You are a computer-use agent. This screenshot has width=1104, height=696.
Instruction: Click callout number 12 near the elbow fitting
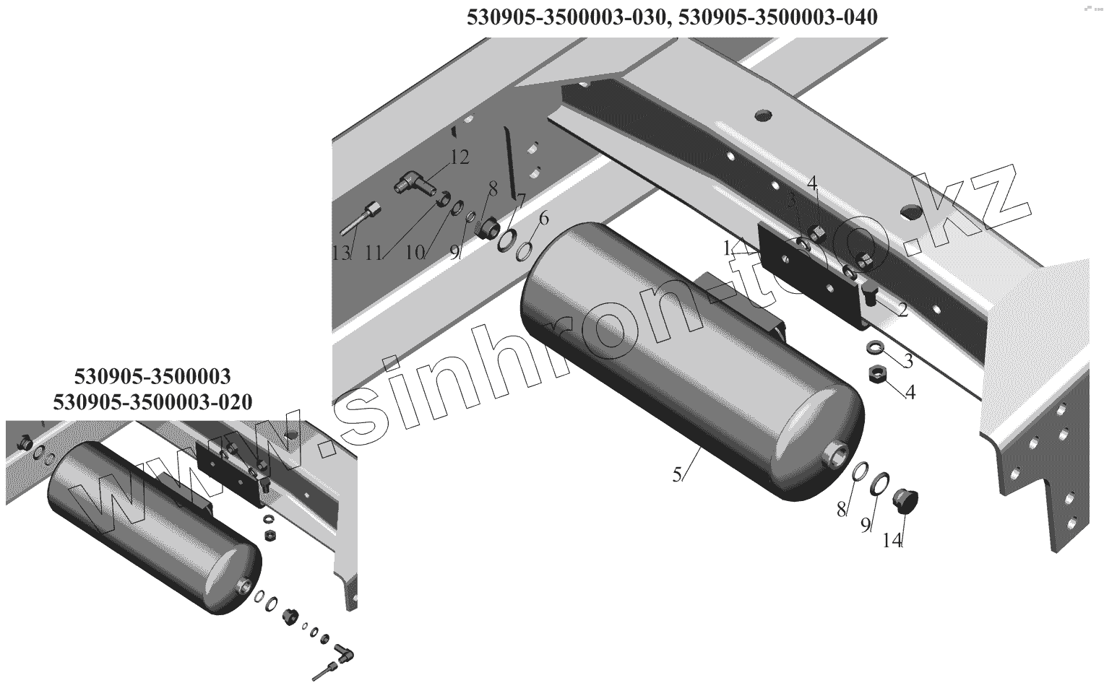coord(460,157)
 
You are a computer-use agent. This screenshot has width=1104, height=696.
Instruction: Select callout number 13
coord(341,253)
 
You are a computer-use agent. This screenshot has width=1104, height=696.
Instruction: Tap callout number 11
coord(374,253)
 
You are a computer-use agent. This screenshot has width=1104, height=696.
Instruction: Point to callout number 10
coord(414,253)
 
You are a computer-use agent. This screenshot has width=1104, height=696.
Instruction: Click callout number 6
coord(543,217)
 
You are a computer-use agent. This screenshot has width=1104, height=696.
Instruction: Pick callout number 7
coord(520,199)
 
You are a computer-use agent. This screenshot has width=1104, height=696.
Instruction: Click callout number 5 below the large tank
coord(677,475)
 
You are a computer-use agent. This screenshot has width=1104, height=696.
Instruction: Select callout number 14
coord(892,540)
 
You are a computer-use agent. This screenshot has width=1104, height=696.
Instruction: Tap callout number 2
coord(902,310)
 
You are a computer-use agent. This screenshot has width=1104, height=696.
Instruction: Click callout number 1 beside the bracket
coord(727,248)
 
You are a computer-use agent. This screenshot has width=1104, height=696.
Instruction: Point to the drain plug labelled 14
coord(902,500)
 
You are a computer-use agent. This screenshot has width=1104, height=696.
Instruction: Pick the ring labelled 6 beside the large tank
coord(525,251)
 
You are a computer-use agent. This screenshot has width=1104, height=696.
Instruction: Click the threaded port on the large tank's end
coord(838,454)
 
